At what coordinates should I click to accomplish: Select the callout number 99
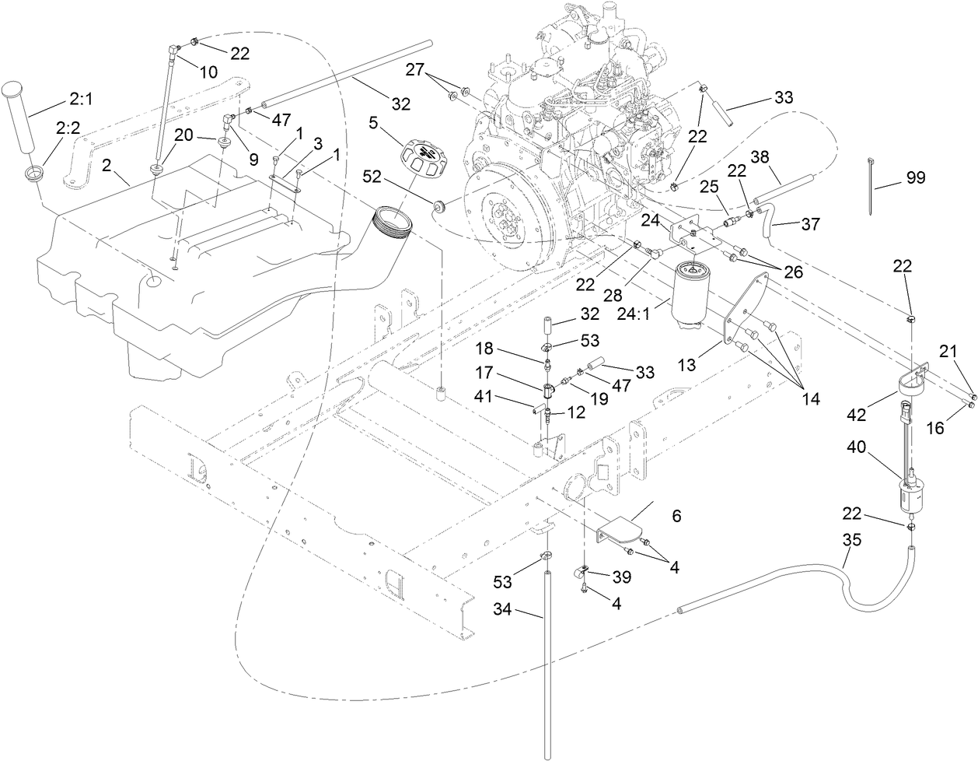(x=915, y=178)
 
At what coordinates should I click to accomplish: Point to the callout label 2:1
(x=81, y=99)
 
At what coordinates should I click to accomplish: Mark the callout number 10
(x=208, y=72)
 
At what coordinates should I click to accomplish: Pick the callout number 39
(x=621, y=577)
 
